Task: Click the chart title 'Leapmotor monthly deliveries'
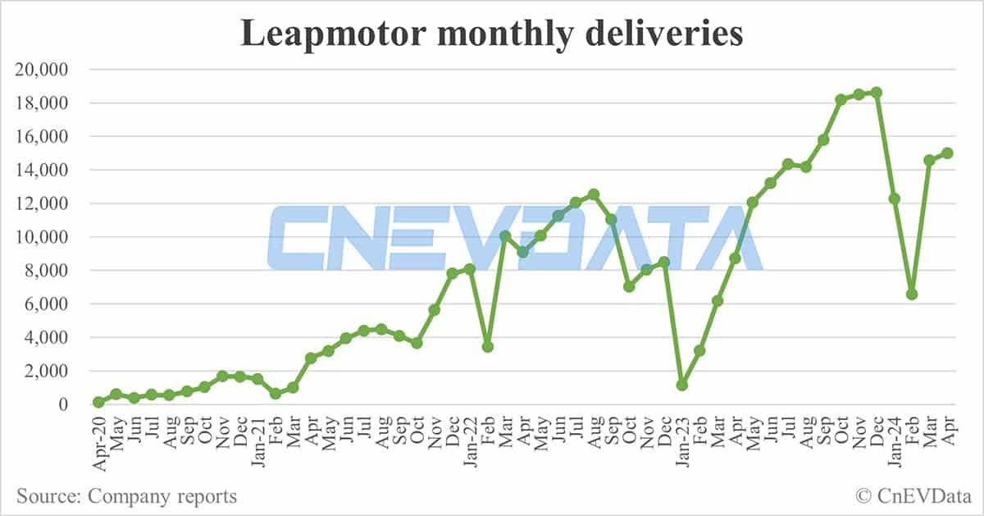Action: (491, 34)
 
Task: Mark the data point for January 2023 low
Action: (682, 385)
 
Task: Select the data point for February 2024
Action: (912, 294)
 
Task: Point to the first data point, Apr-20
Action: (98, 402)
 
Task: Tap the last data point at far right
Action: (947, 153)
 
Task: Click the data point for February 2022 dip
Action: (488, 346)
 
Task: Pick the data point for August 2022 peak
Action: (594, 194)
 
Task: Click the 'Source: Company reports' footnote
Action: (126, 496)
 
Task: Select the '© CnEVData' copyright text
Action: (912, 496)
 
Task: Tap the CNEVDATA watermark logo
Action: (515, 238)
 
